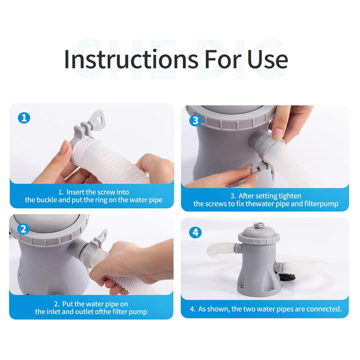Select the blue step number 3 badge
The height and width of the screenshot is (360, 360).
(x=195, y=120)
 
